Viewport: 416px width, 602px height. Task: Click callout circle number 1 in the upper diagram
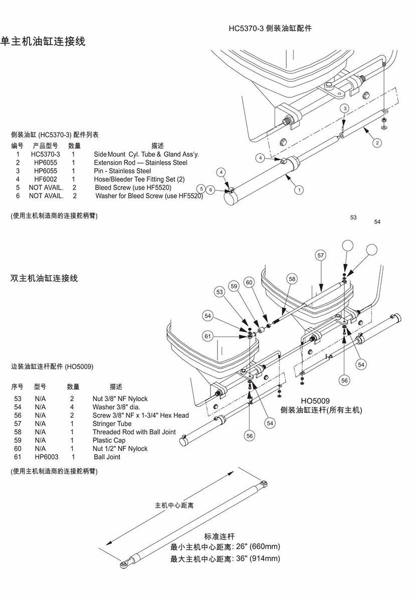pyautogui.click(x=299, y=190)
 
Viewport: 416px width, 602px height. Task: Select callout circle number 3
pyautogui.click(x=345, y=108)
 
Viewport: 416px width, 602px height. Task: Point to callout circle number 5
pyautogui.click(x=201, y=189)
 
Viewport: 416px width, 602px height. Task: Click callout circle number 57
pyautogui.click(x=321, y=255)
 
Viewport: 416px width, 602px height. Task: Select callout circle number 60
pyautogui.click(x=249, y=283)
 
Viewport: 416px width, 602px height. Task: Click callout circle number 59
pyautogui.click(x=233, y=286)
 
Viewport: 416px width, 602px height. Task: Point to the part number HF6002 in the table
pyautogui.click(x=46, y=179)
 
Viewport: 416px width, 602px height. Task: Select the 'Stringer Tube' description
pyautogui.click(x=112, y=424)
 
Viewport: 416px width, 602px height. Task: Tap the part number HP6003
pyautogui.click(x=47, y=457)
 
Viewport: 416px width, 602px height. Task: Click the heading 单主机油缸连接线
pyautogui.click(x=43, y=41)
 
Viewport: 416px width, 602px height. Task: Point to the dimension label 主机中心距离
pyautogui.click(x=174, y=505)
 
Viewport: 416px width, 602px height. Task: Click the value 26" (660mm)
pyautogui.click(x=258, y=547)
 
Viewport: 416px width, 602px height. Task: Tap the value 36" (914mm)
pyautogui.click(x=258, y=558)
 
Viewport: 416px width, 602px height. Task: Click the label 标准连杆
pyautogui.click(x=220, y=536)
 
